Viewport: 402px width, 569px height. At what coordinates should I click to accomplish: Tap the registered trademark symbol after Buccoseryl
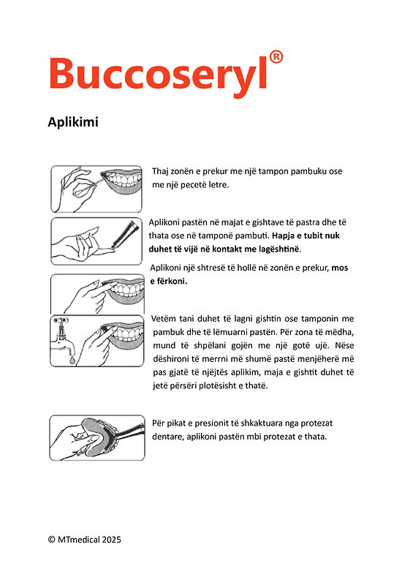click(x=276, y=57)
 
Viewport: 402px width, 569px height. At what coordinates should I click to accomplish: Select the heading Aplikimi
click(x=73, y=122)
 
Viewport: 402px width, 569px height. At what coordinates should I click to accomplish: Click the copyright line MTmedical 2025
click(x=84, y=540)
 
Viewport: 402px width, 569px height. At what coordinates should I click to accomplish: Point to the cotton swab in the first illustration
click(x=94, y=185)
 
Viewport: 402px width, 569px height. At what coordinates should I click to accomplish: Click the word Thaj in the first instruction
click(x=159, y=171)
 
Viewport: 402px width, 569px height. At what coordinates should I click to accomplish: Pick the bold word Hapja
click(x=283, y=236)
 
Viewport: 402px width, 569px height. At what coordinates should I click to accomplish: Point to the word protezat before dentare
click(x=316, y=423)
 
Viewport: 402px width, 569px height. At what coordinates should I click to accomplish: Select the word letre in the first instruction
click(x=219, y=185)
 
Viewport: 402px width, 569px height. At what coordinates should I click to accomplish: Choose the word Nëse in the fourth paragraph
click(x=344, y=345)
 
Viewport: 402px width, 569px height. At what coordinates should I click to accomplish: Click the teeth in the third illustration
click(x=124, y=290)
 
